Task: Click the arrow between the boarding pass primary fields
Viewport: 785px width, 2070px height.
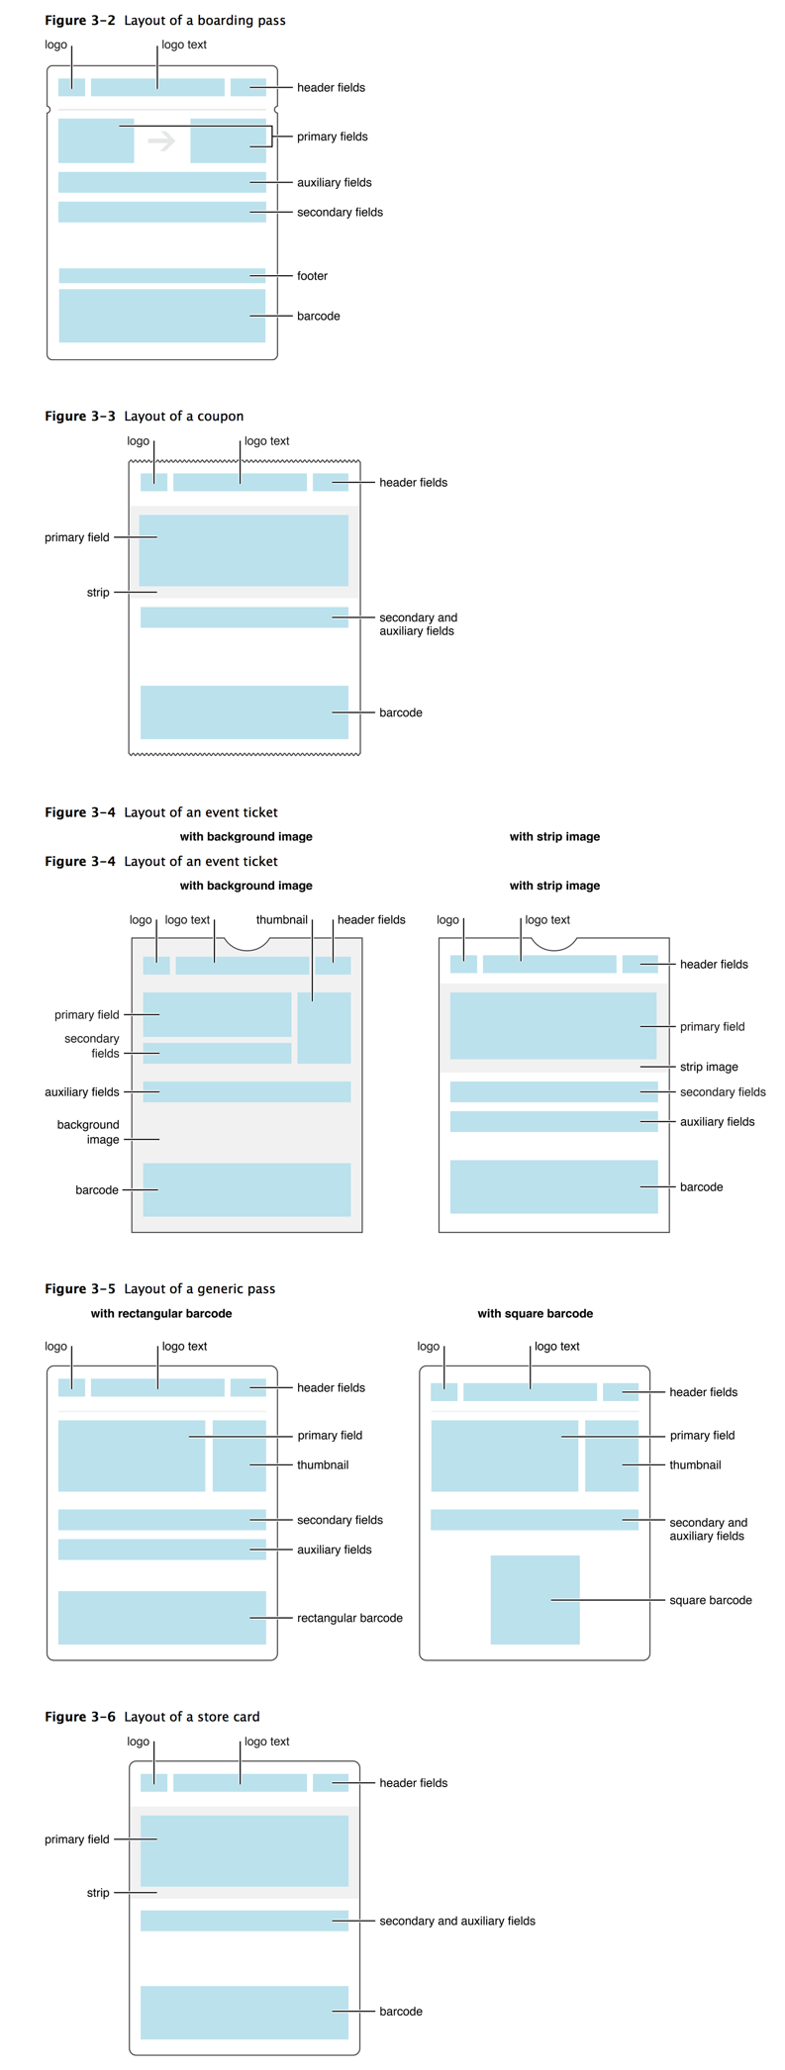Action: tap(161, 141)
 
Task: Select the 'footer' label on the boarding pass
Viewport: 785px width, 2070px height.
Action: tap(312, 276)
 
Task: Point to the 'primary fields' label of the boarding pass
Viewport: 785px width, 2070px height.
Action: tap(332, 137)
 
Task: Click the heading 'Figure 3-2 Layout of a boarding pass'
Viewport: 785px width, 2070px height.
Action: tap(164, 20)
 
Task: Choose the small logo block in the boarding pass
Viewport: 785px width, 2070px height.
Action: tap(71, 87)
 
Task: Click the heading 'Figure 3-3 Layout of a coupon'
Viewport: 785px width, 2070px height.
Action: tap(144, 416)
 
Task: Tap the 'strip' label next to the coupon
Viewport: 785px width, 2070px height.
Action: tap(98, 593)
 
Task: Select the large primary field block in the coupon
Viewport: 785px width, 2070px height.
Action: tap(244, 550)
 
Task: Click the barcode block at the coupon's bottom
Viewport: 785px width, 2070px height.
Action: tap(244, 712)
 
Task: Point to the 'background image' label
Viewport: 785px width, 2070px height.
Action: tap(88, 1132)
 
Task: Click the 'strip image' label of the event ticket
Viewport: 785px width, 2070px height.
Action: tap(708, 1067)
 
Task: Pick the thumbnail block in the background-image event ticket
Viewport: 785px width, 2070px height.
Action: tap(324, 1027)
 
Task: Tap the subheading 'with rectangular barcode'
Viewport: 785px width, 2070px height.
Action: tap(161, 1313)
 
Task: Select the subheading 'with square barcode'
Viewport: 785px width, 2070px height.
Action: tap(535, 1313)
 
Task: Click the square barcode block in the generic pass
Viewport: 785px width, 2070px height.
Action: tap(535, 1600)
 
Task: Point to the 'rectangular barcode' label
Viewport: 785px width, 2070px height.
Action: tap(349, 1618)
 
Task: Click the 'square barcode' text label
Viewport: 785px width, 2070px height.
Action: tap(710, 1600)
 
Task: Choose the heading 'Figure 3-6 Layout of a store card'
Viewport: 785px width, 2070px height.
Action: tap(151, 1716)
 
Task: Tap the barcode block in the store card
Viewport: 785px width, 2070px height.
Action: tap(244, 2012)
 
